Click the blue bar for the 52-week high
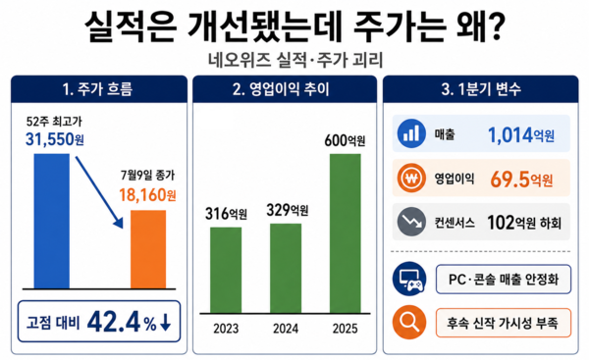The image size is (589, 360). pos(51,221)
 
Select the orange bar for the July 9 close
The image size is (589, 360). pos(148,249)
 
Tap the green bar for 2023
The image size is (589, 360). pos(226,270)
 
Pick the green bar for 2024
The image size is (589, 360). pos(286,268)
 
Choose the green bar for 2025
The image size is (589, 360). pos(346,233)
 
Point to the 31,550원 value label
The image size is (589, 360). pos(55,139)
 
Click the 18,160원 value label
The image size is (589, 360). pos(147,195)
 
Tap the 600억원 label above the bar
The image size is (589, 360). pos(345,141)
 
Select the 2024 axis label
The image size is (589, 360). pos(286,329)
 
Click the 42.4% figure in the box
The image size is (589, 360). pos(122,322)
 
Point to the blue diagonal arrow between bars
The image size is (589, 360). pos(99,192)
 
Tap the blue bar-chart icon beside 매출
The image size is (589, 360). pos(411,133)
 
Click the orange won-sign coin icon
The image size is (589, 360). pos(411,178)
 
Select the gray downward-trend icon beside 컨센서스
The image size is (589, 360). pos(411,222)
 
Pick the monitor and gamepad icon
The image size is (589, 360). pos(409,279)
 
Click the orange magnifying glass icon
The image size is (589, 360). pos(409,322)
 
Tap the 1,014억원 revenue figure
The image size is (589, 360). pos(521,134)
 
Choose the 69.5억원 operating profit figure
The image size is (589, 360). pos(521,180)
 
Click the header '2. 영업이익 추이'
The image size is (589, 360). pos(281,89)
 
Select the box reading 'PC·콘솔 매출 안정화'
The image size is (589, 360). pos(504,280)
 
